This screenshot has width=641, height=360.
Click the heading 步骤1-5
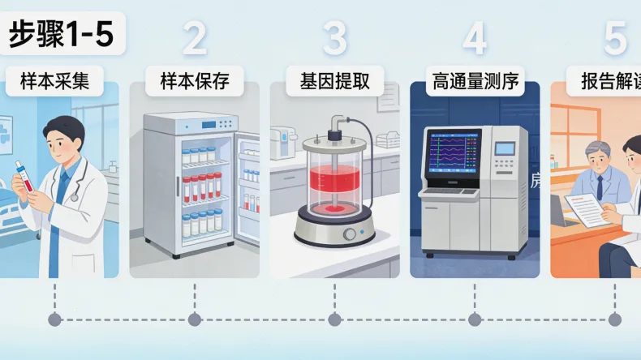pos(62,35)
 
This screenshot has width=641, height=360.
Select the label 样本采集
pos(55,81)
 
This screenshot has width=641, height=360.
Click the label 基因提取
pos(335,81)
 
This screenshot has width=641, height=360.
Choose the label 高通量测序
pos(475,81)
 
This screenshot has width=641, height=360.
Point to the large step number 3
pos(334,38)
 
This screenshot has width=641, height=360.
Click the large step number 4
pos(475,38)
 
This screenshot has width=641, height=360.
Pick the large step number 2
pos(195,38)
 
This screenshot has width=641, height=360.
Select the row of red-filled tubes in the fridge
pos(202,186)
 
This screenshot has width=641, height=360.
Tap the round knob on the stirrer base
pos(349,234)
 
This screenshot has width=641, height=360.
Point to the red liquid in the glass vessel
pos(333,191)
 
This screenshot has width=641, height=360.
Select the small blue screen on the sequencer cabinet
pos(505,148)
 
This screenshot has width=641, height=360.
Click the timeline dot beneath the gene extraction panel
pos(334,319)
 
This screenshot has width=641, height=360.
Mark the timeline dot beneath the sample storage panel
pos(195,319)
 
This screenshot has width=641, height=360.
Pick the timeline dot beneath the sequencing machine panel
pos(475,319)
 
